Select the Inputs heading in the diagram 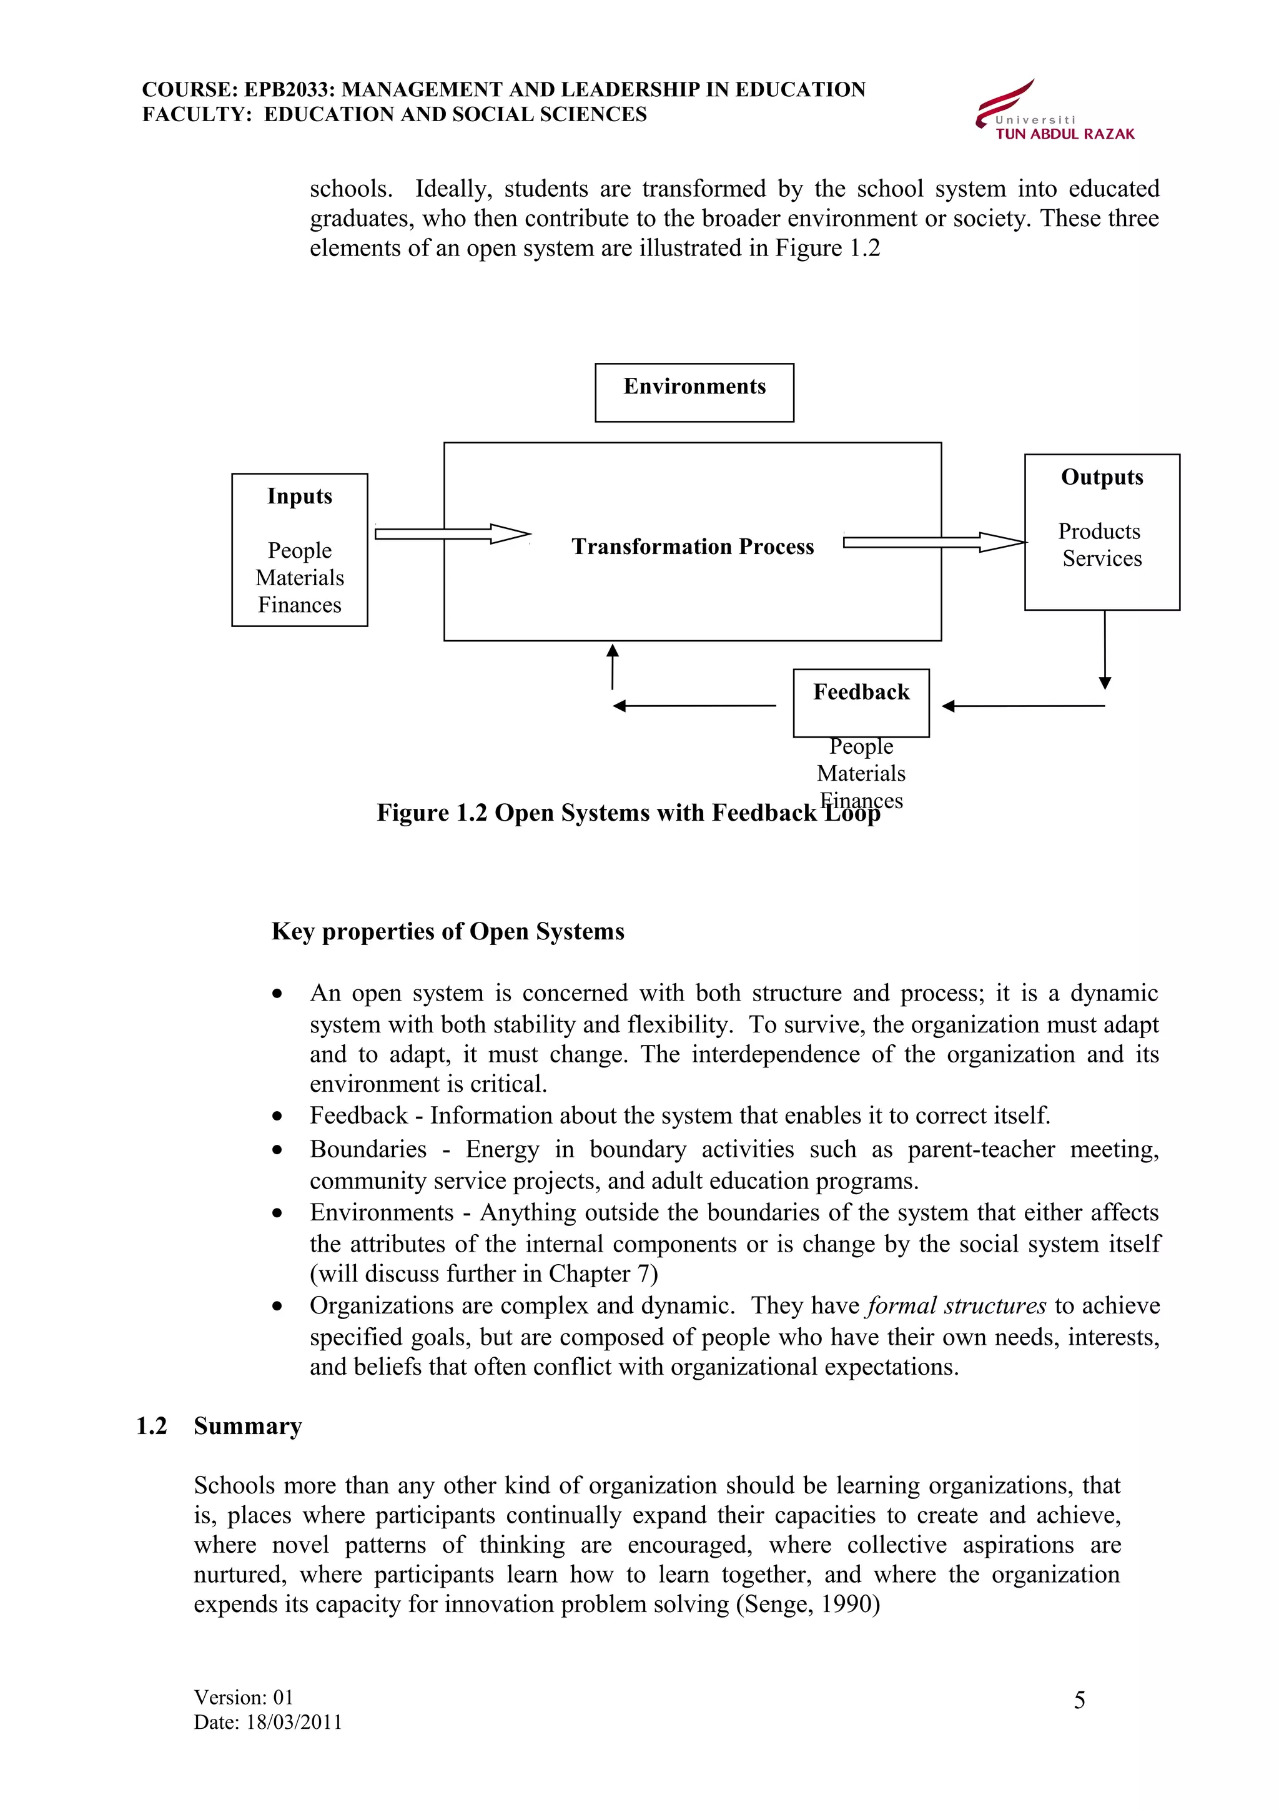(300, 496)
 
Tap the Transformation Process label (693, 546)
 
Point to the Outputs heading (1102, 477)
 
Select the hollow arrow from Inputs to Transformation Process (452, 534)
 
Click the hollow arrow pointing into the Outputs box (934, 542)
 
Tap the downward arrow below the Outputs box (1104, 650)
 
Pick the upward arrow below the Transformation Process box (612, 666)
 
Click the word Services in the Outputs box (1102, 558)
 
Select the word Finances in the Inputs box (300, 605)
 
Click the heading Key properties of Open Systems (448, 931)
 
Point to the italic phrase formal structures (956, 1305)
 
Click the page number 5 (1079, 1701)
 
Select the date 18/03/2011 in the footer (294, 1722)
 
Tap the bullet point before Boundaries (277, 1151)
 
